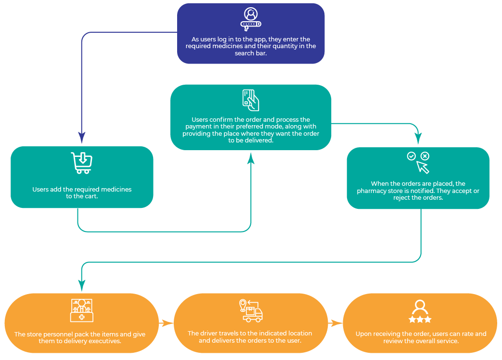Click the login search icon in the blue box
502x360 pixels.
(251, 19)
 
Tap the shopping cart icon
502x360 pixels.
(81, 163)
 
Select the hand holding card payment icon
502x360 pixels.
(251, 100)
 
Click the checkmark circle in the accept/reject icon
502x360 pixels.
(411, 156)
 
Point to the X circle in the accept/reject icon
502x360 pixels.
(425, 156)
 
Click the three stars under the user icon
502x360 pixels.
(420, 320)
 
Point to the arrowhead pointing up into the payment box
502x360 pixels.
(251, 158)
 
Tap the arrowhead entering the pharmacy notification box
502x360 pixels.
(418, 140)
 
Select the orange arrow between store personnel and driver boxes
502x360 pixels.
(167, 323)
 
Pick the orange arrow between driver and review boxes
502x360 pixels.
(335, 323)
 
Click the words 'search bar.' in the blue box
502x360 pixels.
(251, 53)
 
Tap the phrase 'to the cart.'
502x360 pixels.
(82, 196)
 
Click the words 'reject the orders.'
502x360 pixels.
(418, 198)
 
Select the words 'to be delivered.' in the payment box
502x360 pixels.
(251, 140)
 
